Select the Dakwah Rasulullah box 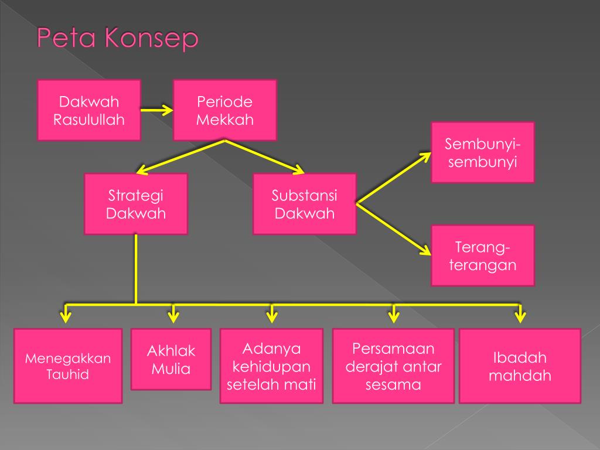(x=89, y=110)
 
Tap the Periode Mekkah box (x=225, y=110)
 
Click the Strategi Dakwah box (x=136, y=204)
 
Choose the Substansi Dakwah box (x=305, y=204)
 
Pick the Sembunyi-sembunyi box (x=483, y=152)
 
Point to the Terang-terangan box (x=483, y=255)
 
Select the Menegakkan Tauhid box (x=68, y=366)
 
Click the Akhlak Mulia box (x=171, y=360)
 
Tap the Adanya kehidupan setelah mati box (x=271, y=366)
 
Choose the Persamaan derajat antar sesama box (x=393, y=366)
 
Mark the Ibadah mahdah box (x=520, y=366)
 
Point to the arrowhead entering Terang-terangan (x=425, y=251)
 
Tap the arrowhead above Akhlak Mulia (x=173, y=317)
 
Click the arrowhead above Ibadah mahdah (x=520, y=317)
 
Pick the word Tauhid (x=68, y=374)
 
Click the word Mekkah (x=225, y=120)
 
